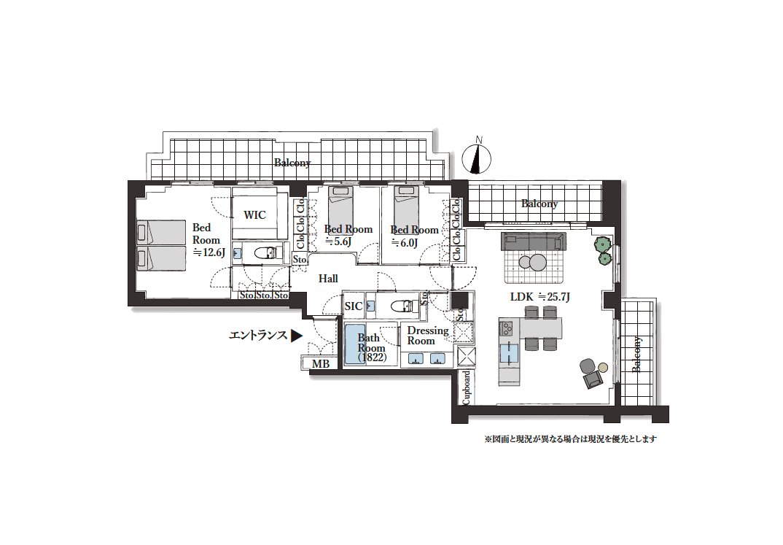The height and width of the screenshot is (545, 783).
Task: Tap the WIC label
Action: (254, 214)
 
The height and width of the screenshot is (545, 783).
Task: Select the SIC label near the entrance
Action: (354, 306)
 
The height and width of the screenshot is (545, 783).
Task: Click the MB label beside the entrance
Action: (321, 364)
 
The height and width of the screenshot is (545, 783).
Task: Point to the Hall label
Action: (328, 279)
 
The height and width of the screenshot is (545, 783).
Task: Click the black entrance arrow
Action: (296, 335)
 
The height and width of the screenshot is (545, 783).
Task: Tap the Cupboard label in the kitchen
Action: (466, 387)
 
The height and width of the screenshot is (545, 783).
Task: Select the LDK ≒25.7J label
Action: (539, 297)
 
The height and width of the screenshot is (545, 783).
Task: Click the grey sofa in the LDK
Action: (534, 241)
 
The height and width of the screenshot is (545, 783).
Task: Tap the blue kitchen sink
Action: (510, 352)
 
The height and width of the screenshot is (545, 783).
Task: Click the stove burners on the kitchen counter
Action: (507, 328)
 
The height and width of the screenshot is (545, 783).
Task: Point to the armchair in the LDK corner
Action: (591, 372)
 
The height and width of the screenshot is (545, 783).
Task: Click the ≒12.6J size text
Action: (209, 252)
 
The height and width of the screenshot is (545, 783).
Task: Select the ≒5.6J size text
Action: (338, 242)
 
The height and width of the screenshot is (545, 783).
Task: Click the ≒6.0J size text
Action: (405, 243)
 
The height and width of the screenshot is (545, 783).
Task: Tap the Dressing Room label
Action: (428, 336)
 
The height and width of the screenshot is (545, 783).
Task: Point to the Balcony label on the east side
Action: (636, 355)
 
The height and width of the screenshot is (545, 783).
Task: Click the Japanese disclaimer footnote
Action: (570, 439)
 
